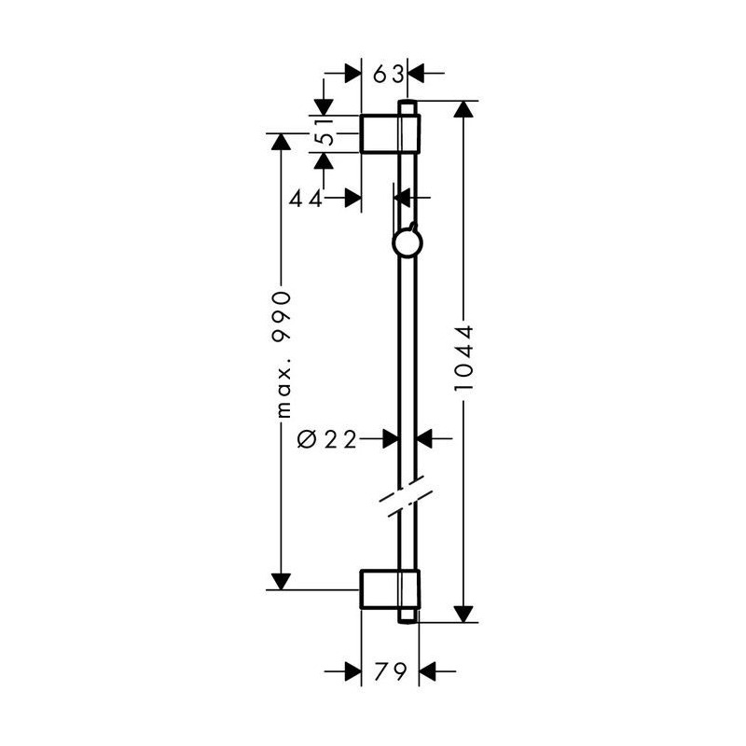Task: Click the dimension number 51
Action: (x=324, y=134)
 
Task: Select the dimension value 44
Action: (x=306, y=198)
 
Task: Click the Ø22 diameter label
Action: (x=327, y=439)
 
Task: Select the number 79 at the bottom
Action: (x=390, y=670)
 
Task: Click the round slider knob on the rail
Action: (x=407, y=244)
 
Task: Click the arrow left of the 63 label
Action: (x=352, y=73)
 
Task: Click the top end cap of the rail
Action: (x=407, y=104)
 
